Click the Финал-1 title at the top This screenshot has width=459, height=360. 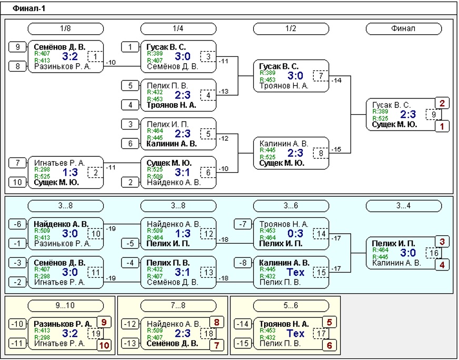pos(29,8)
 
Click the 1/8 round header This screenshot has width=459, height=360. pos(66,28)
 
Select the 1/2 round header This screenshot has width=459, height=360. pos(291,28)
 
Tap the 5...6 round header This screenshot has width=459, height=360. pos(291,306)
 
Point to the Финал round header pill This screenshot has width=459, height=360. pos(404,28)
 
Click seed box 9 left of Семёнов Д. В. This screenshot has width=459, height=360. pos(17,47)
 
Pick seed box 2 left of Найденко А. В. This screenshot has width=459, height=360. pos(130,182)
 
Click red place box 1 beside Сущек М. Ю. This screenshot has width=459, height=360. pos(442,126)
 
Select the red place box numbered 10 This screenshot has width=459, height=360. pos(104,345)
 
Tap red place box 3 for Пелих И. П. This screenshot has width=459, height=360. pos(442,242)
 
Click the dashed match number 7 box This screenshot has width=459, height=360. pos(321,76)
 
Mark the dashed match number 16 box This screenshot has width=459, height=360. pos(434,253)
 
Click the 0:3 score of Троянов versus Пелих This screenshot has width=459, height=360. pos(295,234)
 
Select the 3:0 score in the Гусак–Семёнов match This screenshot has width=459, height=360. pos(183,56)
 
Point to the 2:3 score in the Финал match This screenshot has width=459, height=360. pos(408,114)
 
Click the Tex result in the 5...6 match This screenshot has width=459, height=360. pos(295,333)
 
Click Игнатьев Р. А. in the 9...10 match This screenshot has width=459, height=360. pos(59,343)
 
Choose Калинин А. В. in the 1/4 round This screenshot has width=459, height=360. pos(172,144)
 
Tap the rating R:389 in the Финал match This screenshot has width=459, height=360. pos(380,112)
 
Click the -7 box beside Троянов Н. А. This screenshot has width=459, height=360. pos(243,224)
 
